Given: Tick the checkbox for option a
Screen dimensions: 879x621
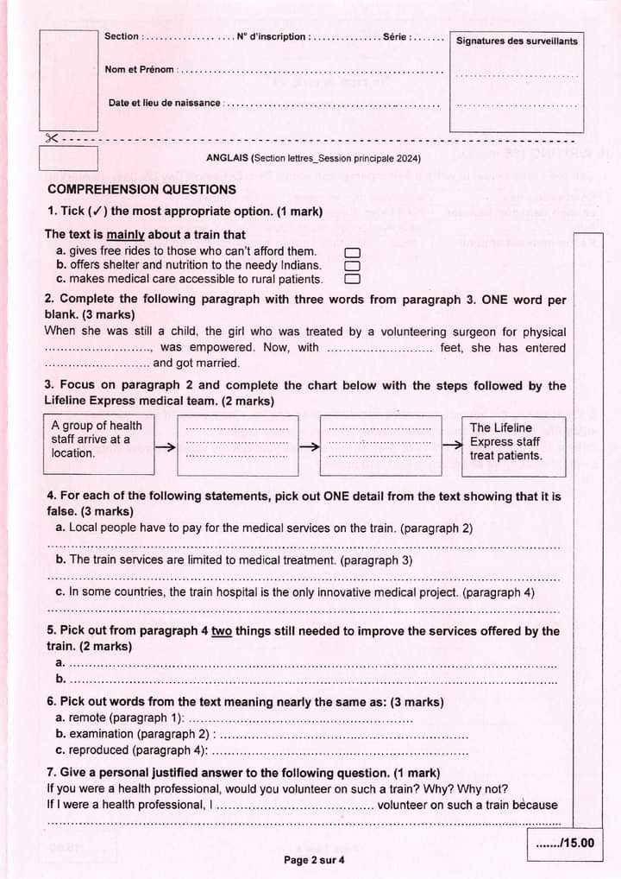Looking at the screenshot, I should point(351,252).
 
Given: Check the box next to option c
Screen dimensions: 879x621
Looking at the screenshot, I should point(351,279).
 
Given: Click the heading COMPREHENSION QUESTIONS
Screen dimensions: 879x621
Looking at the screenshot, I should point(141,189).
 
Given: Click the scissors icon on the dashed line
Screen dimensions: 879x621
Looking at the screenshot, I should point(52,139).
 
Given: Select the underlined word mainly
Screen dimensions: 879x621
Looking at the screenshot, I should point(125,235).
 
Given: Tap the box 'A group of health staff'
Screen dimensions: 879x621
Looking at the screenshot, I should point(97,444).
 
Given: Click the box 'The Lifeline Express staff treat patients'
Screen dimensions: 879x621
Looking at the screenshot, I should point(513,444).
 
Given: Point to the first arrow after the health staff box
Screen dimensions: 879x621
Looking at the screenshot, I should point(166,446).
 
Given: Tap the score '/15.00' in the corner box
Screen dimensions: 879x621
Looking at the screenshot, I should point(565,844).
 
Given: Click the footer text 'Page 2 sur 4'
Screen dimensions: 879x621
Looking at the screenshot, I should point(314,860).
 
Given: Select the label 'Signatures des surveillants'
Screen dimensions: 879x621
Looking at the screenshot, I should point(517,41).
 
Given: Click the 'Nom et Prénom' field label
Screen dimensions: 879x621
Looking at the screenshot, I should point(139,69).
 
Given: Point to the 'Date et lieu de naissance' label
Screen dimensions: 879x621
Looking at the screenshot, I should point(164,103).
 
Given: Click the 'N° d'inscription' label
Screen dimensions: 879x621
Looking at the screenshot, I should point(272,36).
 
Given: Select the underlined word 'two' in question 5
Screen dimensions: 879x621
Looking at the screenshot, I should point(222,631).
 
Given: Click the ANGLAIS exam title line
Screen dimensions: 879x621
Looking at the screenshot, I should point(313,158).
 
